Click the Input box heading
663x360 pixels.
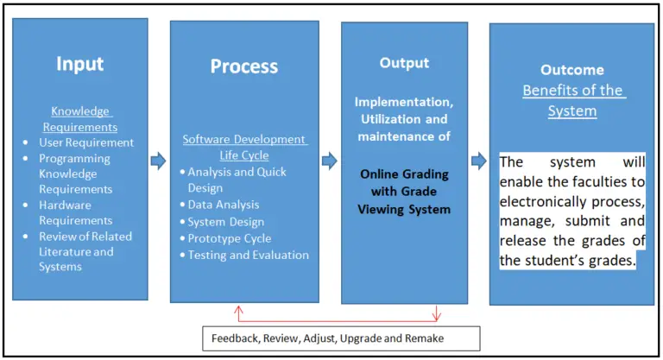pyautogui.click(x=79, y=64)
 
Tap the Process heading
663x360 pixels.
pyautogui.click(x=244, y=66)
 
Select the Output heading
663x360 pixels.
pyautogui.click(x=403, y=63)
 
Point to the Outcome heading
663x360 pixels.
pyautogui.click(x=571, y=70)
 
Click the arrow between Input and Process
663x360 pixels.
pyautogui.click(x=158, y=161)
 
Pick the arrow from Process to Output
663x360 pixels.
pyautogui.click(x=329, y=161)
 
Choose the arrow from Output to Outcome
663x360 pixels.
pyautogui.click(x=479, y=161)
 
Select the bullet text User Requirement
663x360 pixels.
pyautogui.click(x=86, y=142)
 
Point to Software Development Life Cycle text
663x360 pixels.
pyautogui.click(x=244, y=147)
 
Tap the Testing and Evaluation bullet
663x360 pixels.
pyautogui.click(x=249, y=255)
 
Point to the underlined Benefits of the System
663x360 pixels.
pyautogui.click(x=572, y=100)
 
